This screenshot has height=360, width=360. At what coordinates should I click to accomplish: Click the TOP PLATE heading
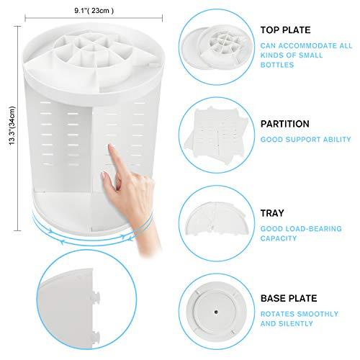pyautogui.click(x=285, y=30)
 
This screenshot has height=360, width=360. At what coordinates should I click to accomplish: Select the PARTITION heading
pyautogui.click(x=285, y=124)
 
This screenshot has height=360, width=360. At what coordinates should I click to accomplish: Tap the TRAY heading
pyautogui.click(x=272, y=213)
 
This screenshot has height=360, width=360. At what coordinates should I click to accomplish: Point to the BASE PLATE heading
pyautogui.click(x=289, y=298)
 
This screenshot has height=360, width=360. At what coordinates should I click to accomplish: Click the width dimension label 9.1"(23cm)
pyautogui.click(x=94, y=11)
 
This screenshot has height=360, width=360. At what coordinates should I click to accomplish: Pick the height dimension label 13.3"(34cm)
pyautogui.click(x=12, y=125)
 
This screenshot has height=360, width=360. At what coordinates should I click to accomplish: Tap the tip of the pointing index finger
pyautogui.click(x=110, y=145)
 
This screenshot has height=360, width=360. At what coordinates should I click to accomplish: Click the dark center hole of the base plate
pyautogui.click(x=216, y=312)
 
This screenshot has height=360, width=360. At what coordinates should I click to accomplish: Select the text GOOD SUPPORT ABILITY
pyautogui.click(x=306, y=140)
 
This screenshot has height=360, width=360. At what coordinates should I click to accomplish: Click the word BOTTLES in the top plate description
pyautogui.click(x=277, y=65)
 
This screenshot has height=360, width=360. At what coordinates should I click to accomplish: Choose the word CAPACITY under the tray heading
pyautogui.click(x=279, y=238)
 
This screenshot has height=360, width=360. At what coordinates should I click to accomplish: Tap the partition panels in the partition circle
pyautogui.click(x=216, y=135)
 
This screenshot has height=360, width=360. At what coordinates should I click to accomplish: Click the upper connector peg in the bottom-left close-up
pyautogui.click(x=96, y=297)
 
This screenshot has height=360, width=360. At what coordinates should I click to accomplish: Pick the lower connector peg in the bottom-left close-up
pyautogui.click(x=96, y=336)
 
